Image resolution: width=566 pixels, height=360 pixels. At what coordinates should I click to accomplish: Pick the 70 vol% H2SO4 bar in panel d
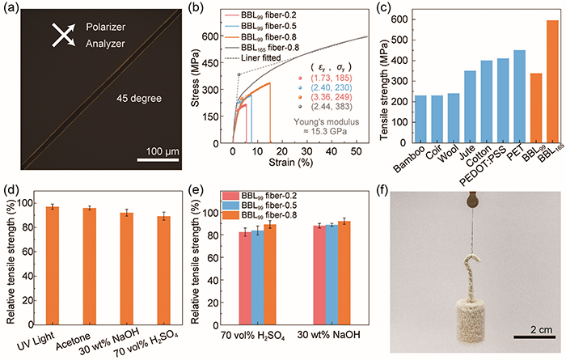[x=163, y=268]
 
